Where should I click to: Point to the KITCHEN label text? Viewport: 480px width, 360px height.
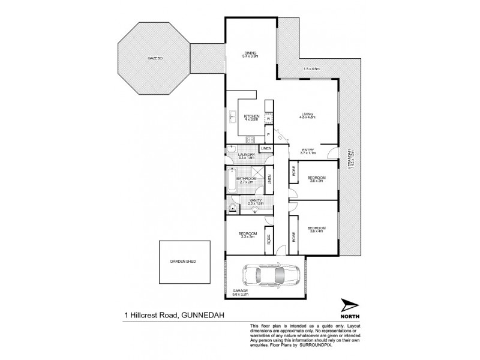tap(251, 115)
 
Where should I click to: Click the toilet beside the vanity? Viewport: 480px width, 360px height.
tap(232, 208)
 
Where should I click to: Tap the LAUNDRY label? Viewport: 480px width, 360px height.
tap(246, 155)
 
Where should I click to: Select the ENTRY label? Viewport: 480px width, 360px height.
tap(308, 151)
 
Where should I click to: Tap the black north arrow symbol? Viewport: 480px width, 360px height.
tap(348, 305)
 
